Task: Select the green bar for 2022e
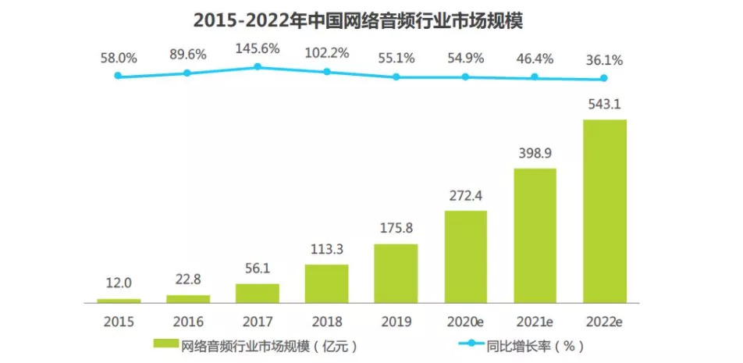point(604,211)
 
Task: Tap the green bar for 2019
point(396,273)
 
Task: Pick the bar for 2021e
point(535,235)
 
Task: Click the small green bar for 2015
point(119,301)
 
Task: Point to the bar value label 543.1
point(605,105)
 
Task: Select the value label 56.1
point(257,270)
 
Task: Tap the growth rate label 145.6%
point(257,48)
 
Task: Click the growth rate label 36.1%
point(605,59)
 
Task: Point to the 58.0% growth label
point(119,58)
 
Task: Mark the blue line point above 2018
point(327,72)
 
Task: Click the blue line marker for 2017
point(258,67)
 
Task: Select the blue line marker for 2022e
point(604,78)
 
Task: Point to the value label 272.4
point(465,197)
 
